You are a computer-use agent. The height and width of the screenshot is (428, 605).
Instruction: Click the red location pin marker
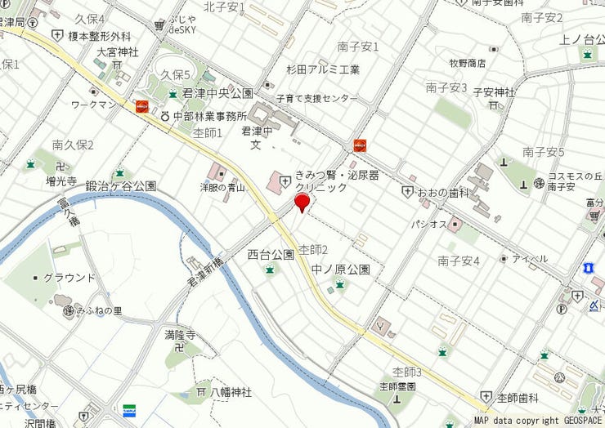pos(302,203)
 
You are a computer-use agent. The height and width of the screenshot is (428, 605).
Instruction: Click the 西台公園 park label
pos(271,255)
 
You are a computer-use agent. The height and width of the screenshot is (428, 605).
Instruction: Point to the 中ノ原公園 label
pos(341,269)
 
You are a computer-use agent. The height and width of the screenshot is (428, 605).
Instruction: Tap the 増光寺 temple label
pos(60,181)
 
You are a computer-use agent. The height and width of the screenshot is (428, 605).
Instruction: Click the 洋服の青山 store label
pos(224,187)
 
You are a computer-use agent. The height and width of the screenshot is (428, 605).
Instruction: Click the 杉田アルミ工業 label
pos(323,69)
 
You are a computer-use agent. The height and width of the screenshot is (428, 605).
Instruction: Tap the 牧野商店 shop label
pos(467,63)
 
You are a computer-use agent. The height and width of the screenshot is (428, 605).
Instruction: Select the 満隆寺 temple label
pos(180,335)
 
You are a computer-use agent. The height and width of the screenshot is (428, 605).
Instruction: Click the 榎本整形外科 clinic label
pos(100,36)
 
